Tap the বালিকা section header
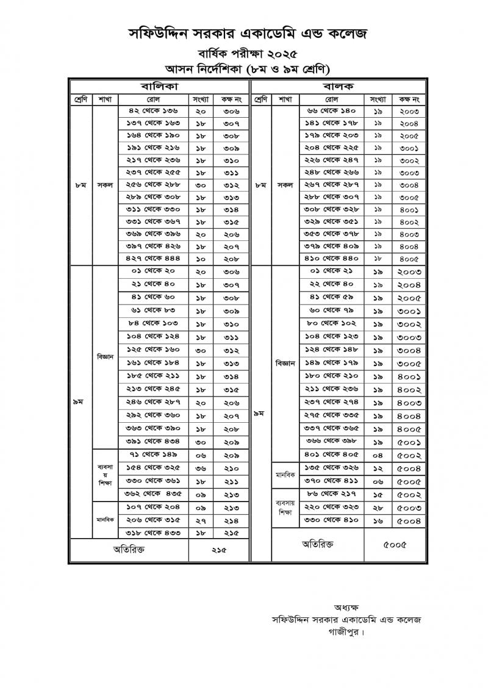pos(159,86)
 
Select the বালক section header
pos(340,86)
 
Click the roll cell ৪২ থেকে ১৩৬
pos(153,111)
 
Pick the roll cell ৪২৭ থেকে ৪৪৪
pos(153,259)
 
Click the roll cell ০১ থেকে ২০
pos(153,271)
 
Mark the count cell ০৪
pos(378,455)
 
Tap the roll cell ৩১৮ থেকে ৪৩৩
pos(153,533)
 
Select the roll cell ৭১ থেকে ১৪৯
pos(153,455)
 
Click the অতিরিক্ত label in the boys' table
pos(318,544)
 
